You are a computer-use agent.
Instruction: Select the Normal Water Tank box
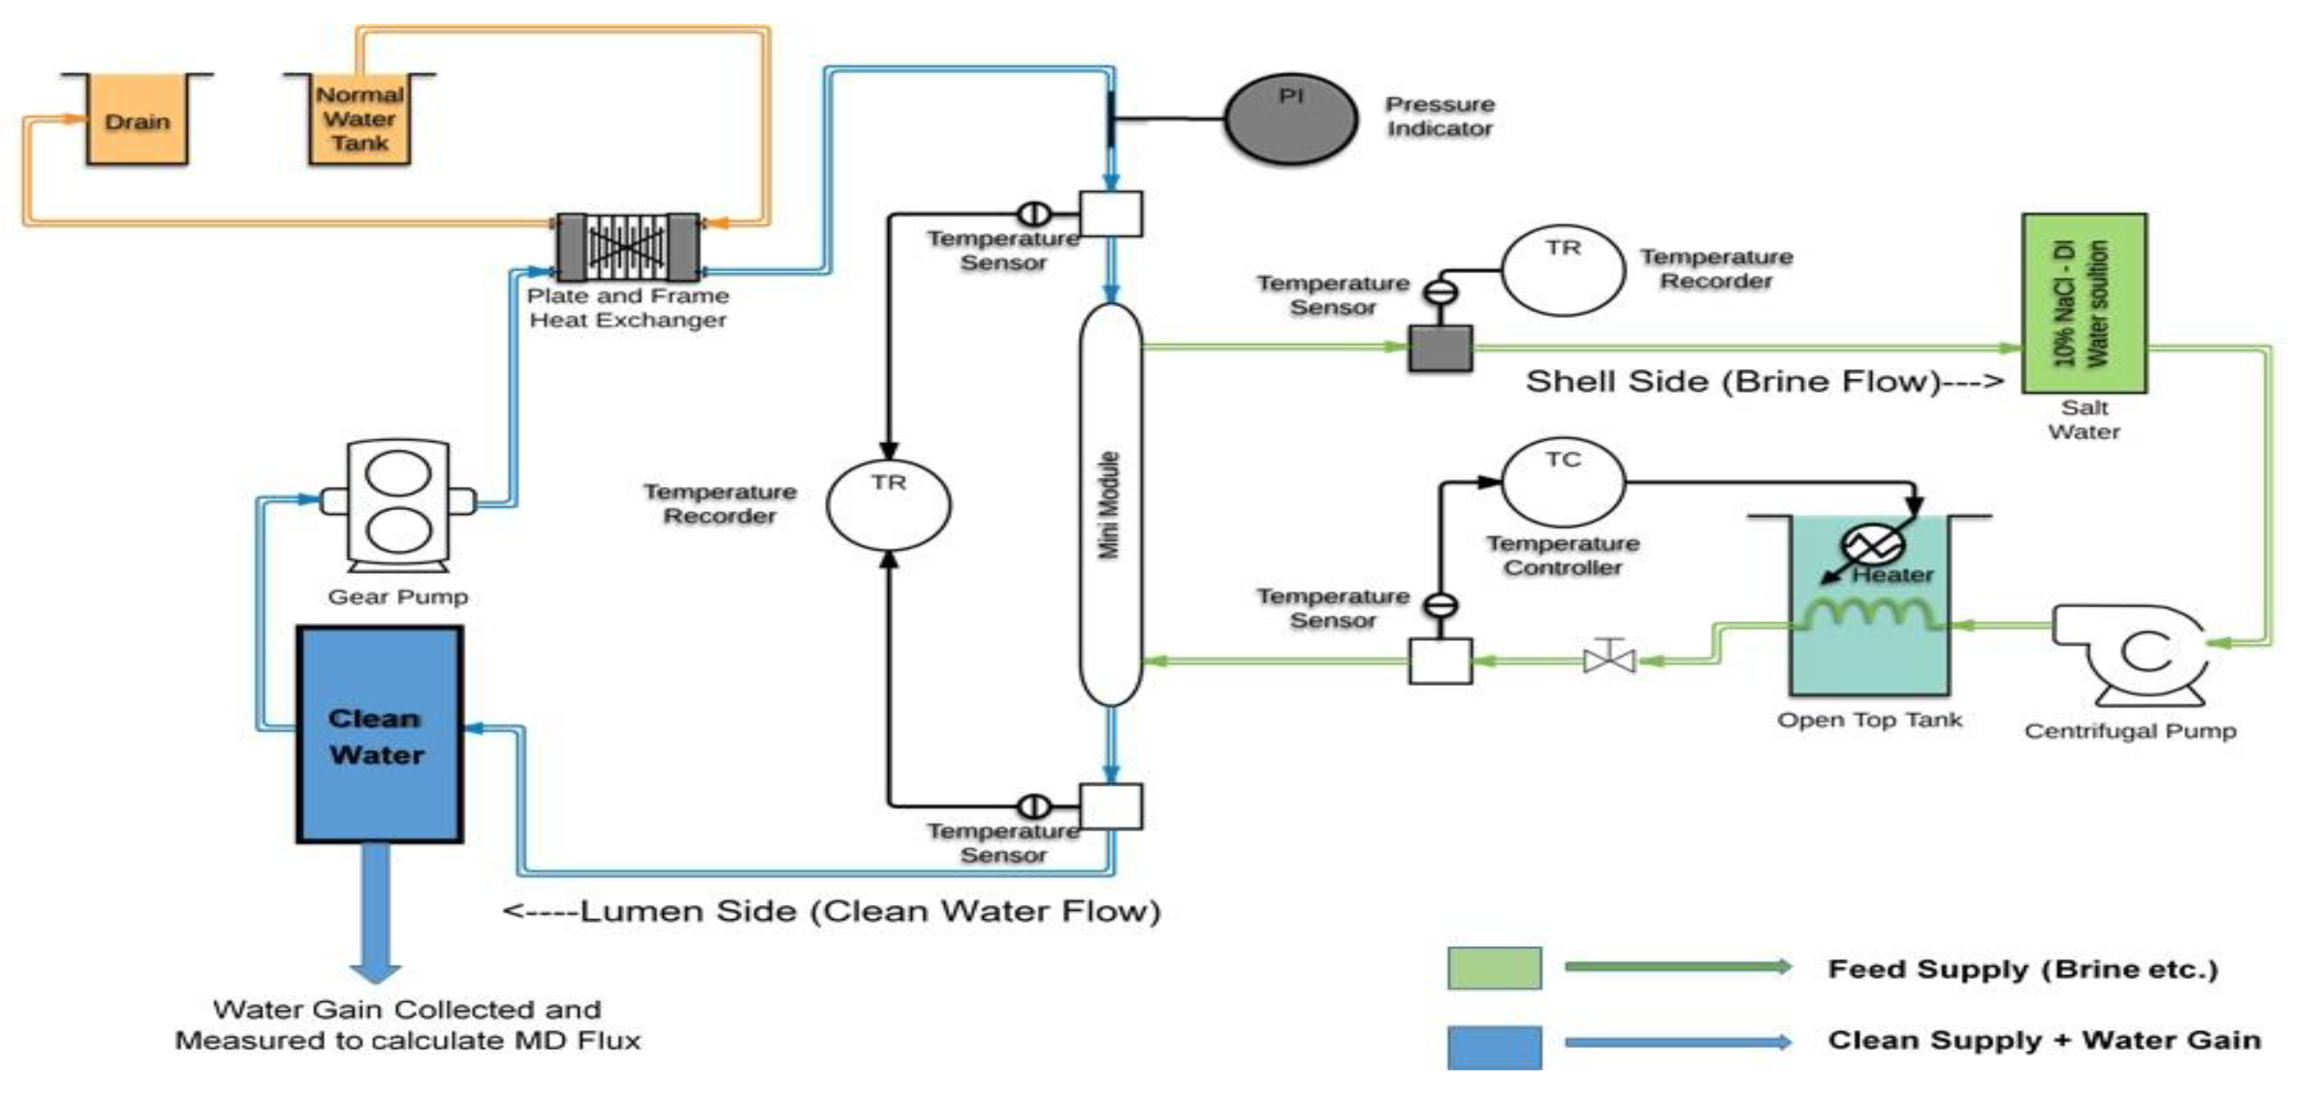tap(359, 120)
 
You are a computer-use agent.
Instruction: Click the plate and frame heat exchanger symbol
tap(629, 247)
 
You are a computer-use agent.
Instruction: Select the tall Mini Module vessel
tap(1111, 505)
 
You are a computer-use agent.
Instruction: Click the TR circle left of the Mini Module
tap(889, 505)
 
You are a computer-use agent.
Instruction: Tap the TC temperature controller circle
tap(1563, 481)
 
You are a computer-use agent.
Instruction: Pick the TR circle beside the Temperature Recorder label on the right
tap(1563, 270)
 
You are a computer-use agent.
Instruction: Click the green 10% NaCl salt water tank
tap(2084, 303)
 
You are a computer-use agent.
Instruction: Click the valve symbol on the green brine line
tap(1609, 660)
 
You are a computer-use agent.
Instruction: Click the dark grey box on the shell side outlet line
tap(1440, 348)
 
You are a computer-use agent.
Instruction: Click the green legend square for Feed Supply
tap(1494, 968)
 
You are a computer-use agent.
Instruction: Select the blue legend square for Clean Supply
tap(1494, 1047)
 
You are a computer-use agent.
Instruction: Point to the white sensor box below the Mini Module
tap(1111, 807)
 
